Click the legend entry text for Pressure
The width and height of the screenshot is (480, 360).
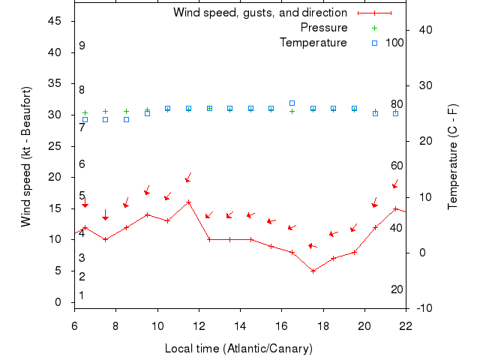click(x=324, y=28)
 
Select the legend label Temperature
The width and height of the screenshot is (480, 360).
click(x=313, y=43)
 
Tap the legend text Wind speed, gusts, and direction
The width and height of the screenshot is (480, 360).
click(x=260, y=13)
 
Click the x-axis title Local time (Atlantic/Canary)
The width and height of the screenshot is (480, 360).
click(x=238, y=349)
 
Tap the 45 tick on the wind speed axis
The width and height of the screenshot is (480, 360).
click(x=55, y=21)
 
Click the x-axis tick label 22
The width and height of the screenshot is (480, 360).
click(x=406, y=325)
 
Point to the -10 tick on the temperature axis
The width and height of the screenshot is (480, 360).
click(x=424, y=308)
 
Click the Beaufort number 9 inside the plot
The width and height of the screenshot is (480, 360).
click(x=82, y=46)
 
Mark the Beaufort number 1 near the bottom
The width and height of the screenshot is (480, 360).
click(x=82, y=295)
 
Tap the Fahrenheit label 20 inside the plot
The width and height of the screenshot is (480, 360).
click(x=397, y=289)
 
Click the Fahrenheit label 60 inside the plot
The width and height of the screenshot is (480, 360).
click(x=397, y=166)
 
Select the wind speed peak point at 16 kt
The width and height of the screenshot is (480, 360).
click(x=188, y=202)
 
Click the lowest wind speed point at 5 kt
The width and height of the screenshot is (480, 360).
click(x=313, y=271)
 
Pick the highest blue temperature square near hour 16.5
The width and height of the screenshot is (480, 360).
click(x=292, y=103)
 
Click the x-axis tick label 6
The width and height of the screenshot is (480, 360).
click(x=74, y=325)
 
